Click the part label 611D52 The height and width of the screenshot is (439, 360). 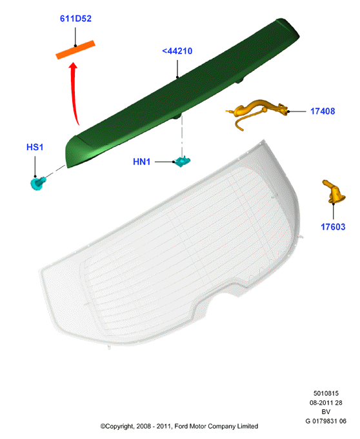(x=75, y=19)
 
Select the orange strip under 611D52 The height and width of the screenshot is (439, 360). (x=75, y=50)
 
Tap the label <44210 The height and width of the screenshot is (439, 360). (x=177, y=51)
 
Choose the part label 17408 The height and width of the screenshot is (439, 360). (x=323, y=111)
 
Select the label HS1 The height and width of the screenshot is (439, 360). (x=35, y=147)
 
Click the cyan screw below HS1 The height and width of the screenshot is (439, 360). (x=37, y=183)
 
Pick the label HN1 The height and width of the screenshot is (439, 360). (x=141, y=162)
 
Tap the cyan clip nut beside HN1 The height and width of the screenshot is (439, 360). (x=182, y=162)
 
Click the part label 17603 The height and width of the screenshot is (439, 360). (x=333, y=227)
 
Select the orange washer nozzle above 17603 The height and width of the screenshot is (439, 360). (x=334, y=192)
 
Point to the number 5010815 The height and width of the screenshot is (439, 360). (x=326, y=393)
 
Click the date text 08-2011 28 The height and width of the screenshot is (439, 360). (x=326, y=403)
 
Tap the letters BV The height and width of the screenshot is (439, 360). (x=326, y=411)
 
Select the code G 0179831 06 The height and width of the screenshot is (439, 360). (x=326, y=421)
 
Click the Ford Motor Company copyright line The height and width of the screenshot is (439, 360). (x=179, y=426)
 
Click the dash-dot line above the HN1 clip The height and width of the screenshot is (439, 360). (x=182, y=136)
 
